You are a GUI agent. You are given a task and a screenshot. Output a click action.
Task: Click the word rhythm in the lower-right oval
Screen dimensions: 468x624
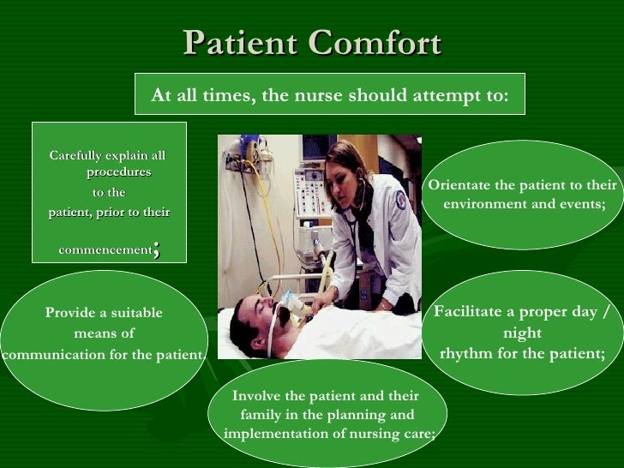pos(465,353)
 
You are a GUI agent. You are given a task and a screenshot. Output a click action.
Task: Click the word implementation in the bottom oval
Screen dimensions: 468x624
pos(272,434)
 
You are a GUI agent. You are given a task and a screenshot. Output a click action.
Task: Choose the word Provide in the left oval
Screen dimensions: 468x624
pos(71,313)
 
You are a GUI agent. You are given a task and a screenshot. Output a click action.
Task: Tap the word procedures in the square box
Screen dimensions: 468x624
pos(118,172)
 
